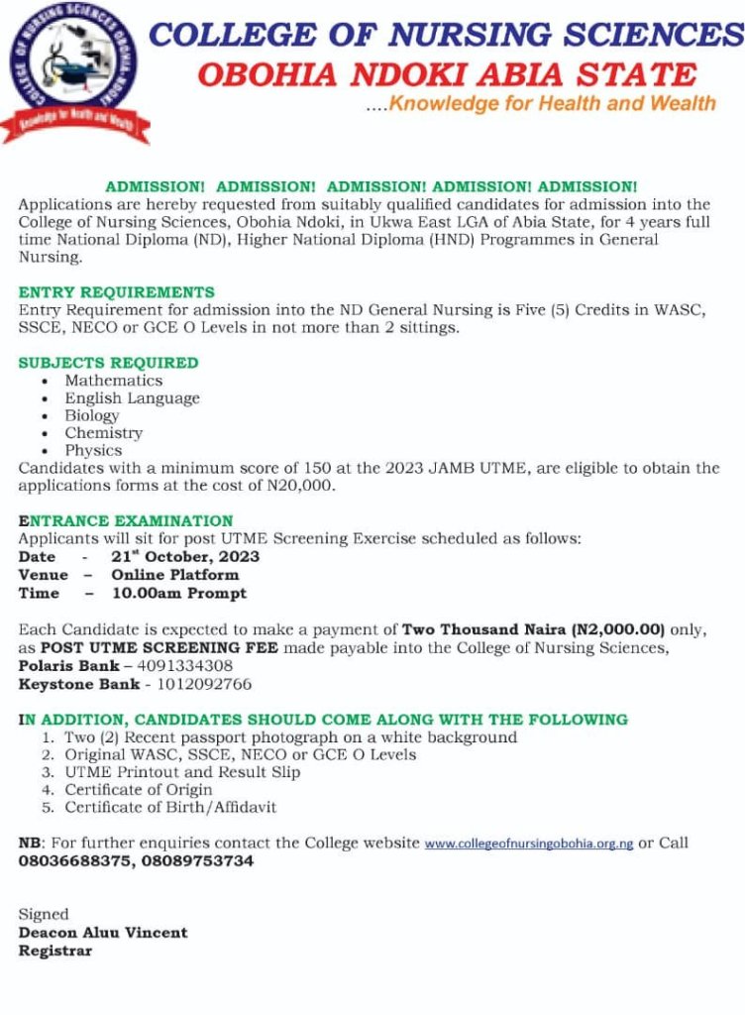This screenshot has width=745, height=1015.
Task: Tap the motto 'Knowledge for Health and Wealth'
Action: tap(552, 103)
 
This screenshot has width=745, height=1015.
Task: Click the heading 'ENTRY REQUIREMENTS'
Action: tap(116, 292)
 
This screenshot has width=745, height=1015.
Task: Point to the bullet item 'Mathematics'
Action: tap(114, 381)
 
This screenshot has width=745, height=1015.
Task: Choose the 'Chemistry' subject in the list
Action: tap(104, 433)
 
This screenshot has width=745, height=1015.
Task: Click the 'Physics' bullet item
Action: tap(93, 451)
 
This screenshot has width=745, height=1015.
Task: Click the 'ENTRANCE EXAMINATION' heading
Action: tap(126, 521)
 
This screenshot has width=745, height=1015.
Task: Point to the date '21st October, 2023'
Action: tap(185, 556)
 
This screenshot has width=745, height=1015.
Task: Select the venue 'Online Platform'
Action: tap(174, 575)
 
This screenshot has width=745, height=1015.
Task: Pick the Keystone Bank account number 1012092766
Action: tap(203, 684)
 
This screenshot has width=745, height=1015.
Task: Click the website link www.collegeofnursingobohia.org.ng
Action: tap(529, 845)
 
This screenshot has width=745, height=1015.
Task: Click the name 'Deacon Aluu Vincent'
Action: tap(103, 933)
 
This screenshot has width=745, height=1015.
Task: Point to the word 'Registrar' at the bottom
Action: tap(55, 951)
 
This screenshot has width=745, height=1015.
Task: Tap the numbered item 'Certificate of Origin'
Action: tap(139, 790)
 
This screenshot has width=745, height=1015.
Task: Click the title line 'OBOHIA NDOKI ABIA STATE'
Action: tap(447, 73)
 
